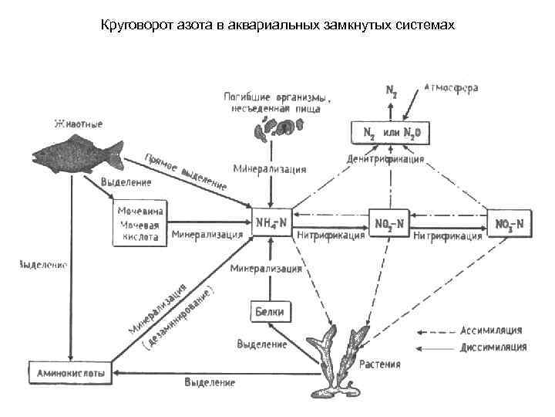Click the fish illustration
77,151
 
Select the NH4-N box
271,222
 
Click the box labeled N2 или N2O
391,133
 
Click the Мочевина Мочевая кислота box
140,223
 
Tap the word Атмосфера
451,88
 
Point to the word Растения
379,363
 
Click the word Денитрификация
385,160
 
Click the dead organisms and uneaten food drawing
276,127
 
